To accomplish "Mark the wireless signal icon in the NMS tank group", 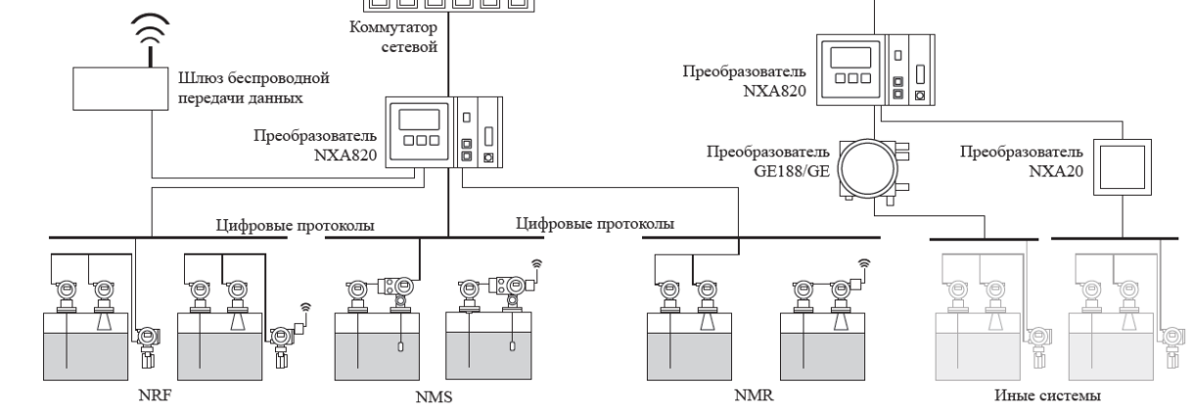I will pyautogui.click(x=536, y=263).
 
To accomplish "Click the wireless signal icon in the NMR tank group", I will pyautogui.click(x=864, y=263).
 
